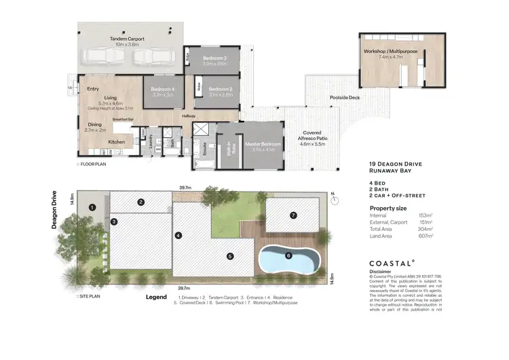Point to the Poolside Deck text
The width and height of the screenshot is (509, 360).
(344, 97)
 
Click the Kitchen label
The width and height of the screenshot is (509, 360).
(117, 142)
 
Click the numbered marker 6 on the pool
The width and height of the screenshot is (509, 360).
(288, 255)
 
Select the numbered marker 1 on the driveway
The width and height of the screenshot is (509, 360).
(93, 207)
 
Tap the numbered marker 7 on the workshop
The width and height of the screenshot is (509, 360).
(293, 215)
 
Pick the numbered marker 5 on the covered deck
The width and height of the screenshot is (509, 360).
(230, 256)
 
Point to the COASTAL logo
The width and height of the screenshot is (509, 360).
(392, 262)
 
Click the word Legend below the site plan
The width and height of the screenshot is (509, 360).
(156, 298)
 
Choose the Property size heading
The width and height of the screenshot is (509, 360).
(388, 207)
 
